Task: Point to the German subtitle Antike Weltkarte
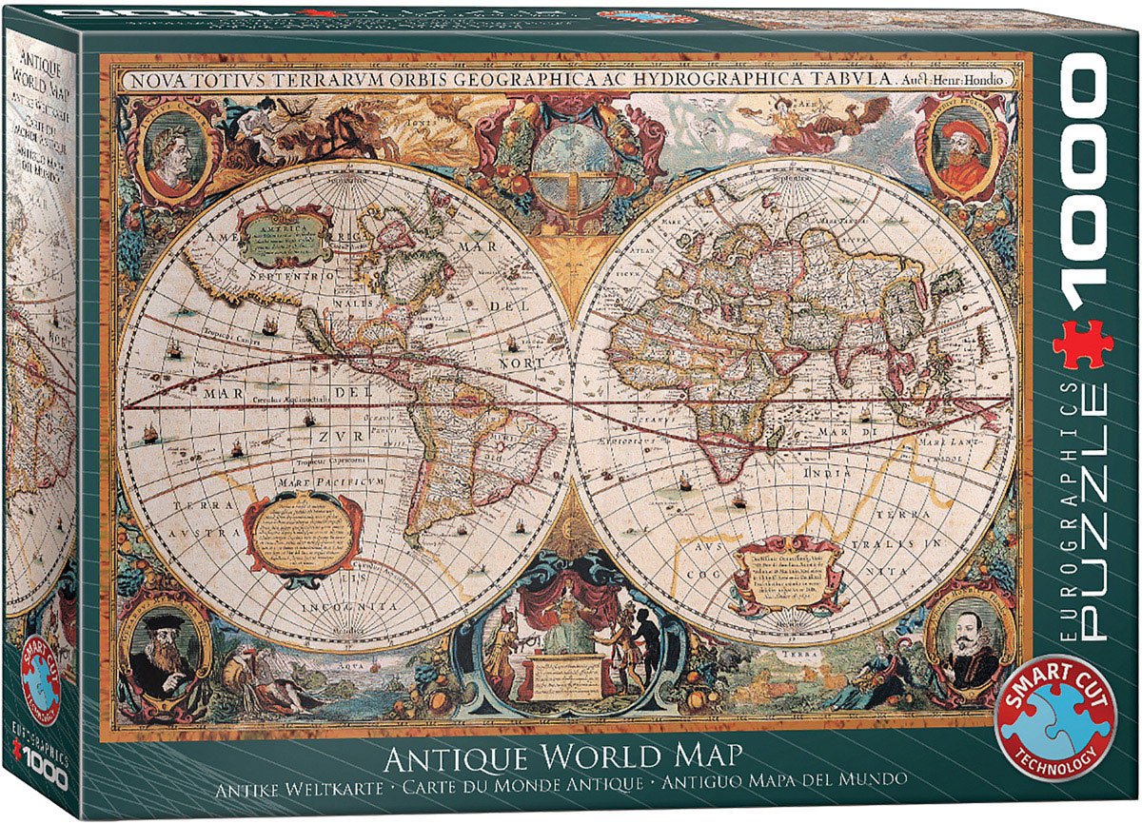click(x=300, y=789)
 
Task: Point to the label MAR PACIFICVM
click(x=320, y=483)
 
